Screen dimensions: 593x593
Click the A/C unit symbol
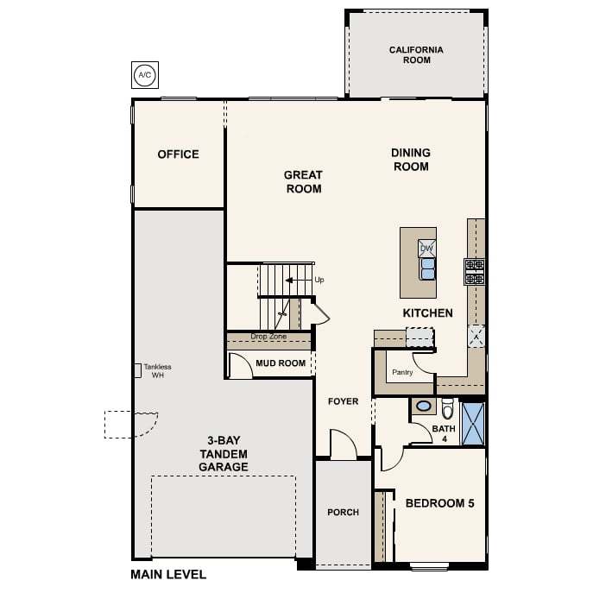pyautogui.click(x=145, y=75)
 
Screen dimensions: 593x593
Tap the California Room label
pyautogui.click(x=416, y=55)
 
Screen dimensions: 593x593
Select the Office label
pyautogui.click(x=178, y=155)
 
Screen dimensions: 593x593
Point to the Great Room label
pyautogui.click(x=303, y=182)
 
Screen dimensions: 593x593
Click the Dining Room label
pyautogui.click(x=411, y=160)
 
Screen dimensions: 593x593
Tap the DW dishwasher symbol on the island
pyautogui.click(x=427, y=249)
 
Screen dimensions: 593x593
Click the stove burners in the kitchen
pyautogui.click(x=474, y=272)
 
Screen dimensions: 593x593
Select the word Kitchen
pyautogui.click(x=428, y=313)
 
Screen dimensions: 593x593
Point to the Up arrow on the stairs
pyautogui.click(x=300, y=281)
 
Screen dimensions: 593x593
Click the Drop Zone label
pyautogui.click(x=268, y=337)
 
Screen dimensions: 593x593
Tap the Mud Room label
pyautogui.click(x=281, y=363)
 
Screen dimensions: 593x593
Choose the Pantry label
pyautogui.click(x=402, y=372)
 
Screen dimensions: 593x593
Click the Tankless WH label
pyautogui.click(x=158, y=371)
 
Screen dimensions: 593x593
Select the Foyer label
pyautogui.click(x=343, y=401)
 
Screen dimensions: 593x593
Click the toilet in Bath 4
pyautogui.click(x=447, y=408)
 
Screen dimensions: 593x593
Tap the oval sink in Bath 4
pyautogui.click(x=424, y=407)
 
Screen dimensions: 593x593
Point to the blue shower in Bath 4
pyautogui.click(x=473, y=424)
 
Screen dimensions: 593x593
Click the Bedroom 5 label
pyautogui.click(x=440, y=503)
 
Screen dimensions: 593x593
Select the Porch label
pyautogui.click(x=343, y=513)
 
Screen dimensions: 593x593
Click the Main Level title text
pyautogui.click(x=168, y=575)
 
